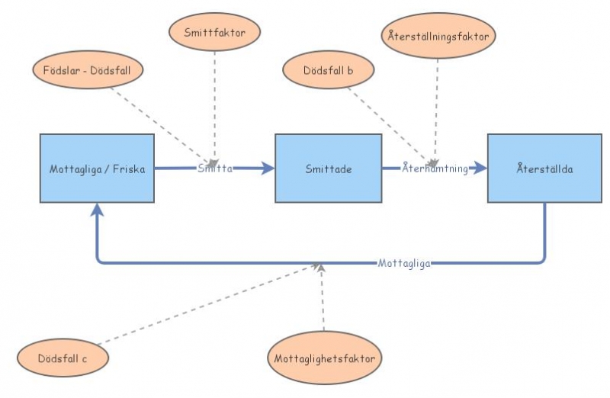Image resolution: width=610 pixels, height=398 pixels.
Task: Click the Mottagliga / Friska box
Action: tap(97, 169)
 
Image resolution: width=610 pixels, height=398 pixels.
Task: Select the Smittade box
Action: tap(328, 169)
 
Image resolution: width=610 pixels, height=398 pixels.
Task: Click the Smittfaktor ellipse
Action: tap(214, 33)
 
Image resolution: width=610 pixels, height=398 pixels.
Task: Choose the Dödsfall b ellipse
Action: tap(328, 70)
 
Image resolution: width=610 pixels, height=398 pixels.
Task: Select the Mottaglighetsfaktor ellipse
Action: tap(324, 358)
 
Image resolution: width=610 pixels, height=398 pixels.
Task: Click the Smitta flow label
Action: tap(215, 168)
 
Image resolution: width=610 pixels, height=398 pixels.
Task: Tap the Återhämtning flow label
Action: tap(435, 169)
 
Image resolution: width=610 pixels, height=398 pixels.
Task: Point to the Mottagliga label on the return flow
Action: tap(404, 263)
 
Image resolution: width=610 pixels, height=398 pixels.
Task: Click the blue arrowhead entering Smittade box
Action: tap(268, 169)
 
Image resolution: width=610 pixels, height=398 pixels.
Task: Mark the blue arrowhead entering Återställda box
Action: tap(480, 169)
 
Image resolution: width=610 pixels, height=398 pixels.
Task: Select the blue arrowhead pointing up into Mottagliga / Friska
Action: tap(97, 210)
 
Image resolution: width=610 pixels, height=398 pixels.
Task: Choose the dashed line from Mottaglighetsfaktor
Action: tap(323, 301)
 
